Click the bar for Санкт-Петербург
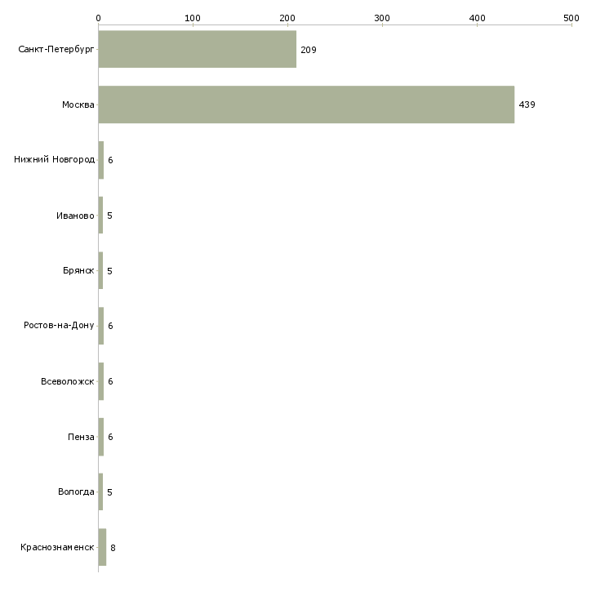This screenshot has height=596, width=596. pyautogui.click(x=198, y=49)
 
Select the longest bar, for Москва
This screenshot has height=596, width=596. pyautogui.click(x=306, y=105)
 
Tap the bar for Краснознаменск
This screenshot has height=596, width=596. pyautogui.click(x=102, y=547)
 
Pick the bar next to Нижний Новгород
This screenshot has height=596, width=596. pyautogui.click(x=101, y=160)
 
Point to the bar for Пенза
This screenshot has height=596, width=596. pyautogui.click(x=101, y=437)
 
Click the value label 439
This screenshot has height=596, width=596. pyautogui.click(x=527, y=105)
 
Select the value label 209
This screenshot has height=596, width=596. pyautogui.click(x=309, y=50)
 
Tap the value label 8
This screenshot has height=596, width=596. pyautogui.click(x=113, y=548)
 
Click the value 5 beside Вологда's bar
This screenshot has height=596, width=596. pyautogui.click(x=110, y=492)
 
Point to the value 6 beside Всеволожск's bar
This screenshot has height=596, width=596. pyautogui.click(x=110, y=381)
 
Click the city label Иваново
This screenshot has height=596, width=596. pyautogui.click(x=75, y=216)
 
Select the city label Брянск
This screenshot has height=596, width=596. pyautogui.click(x=78, y=270)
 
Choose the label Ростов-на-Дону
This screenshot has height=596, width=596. pyautogui.click(x=59, y=326)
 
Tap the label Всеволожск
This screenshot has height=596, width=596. pyautogui.click(x=68, y=381)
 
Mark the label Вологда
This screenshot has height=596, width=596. pyautogui.click(x=76, y=491)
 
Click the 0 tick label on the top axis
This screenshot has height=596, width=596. pyautogui.click(x=98, y=18)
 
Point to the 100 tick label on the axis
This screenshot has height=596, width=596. pyautogui.click(x=193, y=18)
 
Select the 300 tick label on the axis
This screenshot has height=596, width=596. pyautogui.click(x=382, y=18)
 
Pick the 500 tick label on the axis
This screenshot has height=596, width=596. pyautogui.click(x=572, y=18)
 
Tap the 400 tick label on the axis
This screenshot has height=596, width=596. pyautogui.click(x=477, y=18)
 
